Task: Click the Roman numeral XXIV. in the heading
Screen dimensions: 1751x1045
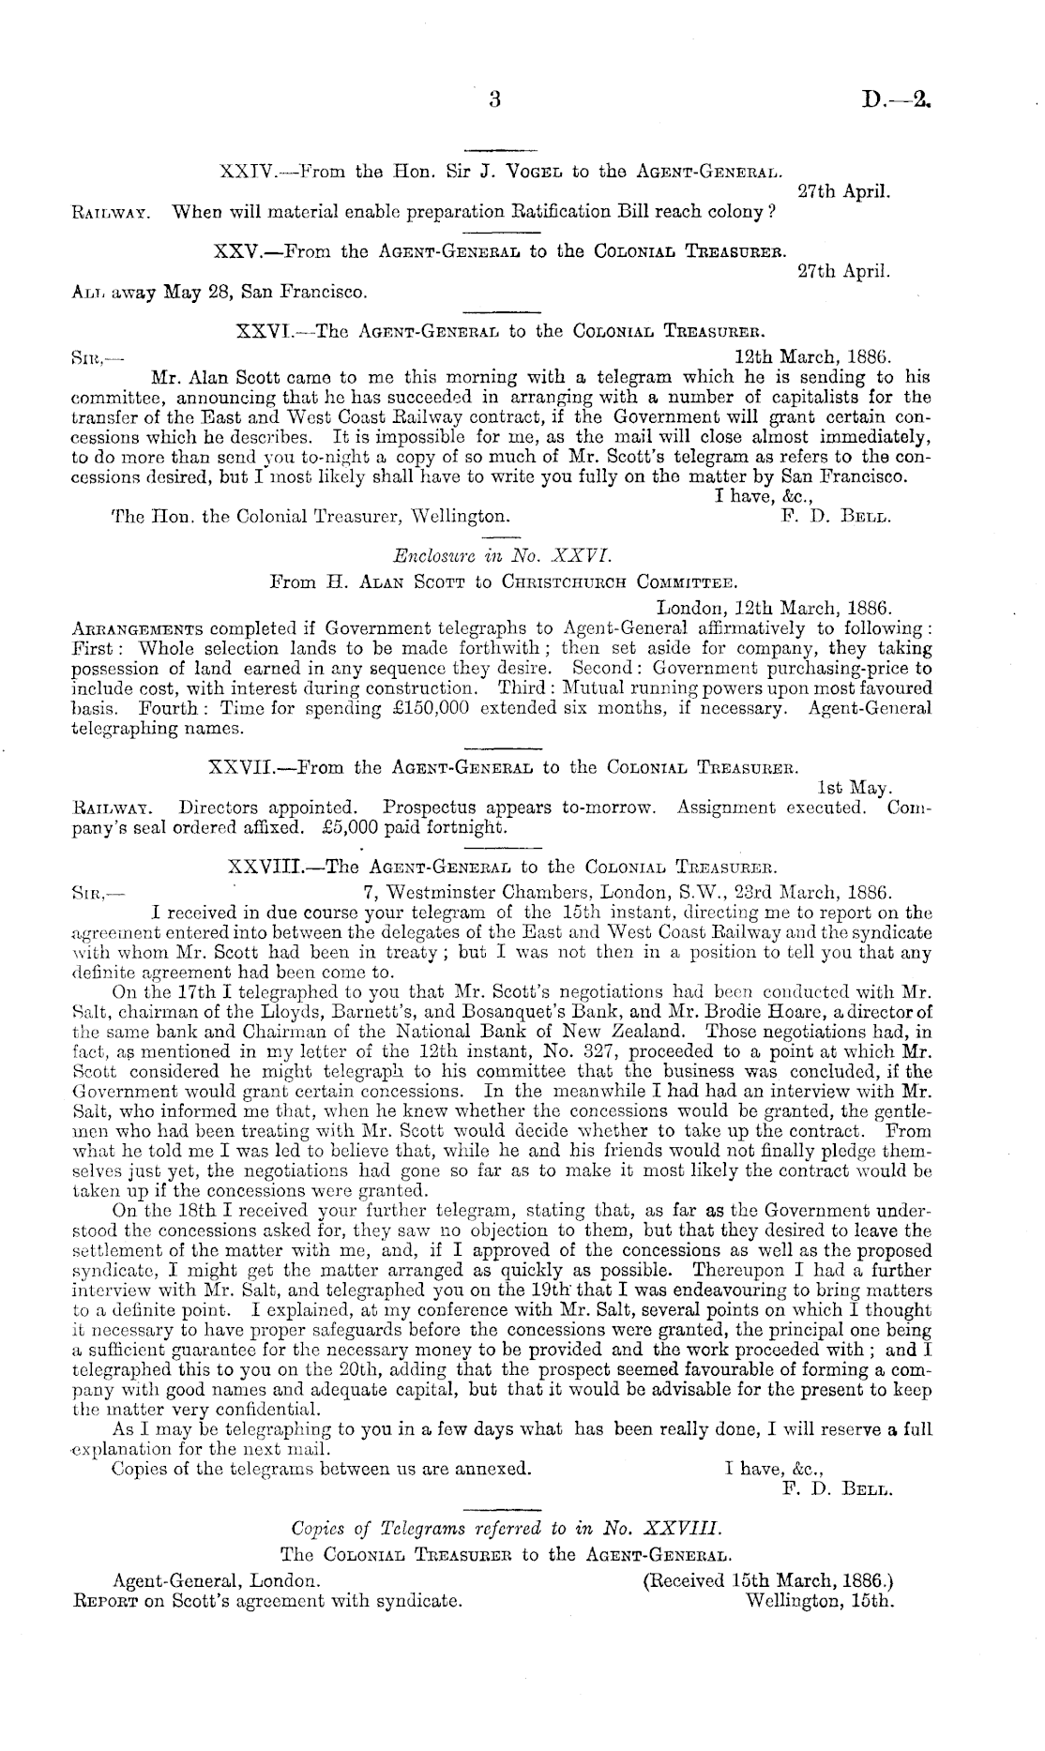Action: click(246, 172)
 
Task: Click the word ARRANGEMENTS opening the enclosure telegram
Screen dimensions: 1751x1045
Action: click(138, 627)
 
